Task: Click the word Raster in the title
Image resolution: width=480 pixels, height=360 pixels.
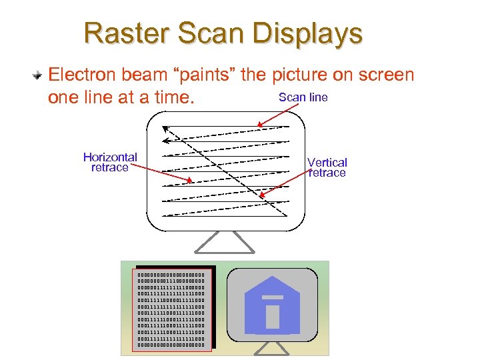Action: [124, 33]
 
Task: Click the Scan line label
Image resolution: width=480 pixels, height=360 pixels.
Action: [303, 97]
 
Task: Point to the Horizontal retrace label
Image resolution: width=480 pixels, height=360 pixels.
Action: [110, 162]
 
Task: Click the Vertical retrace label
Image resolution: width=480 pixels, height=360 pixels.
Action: [327, 167]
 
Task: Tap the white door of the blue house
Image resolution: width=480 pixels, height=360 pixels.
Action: [273, 315]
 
